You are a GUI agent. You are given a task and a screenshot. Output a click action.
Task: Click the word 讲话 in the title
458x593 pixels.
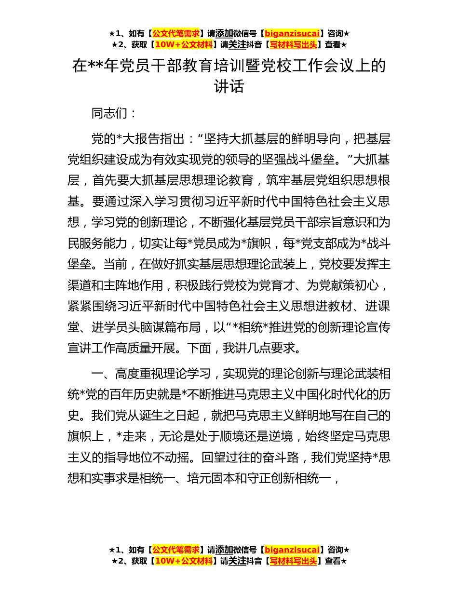229,87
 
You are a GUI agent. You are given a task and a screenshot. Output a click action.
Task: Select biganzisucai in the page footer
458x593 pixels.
292,550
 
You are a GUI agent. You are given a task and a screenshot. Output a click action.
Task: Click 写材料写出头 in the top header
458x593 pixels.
293,45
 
